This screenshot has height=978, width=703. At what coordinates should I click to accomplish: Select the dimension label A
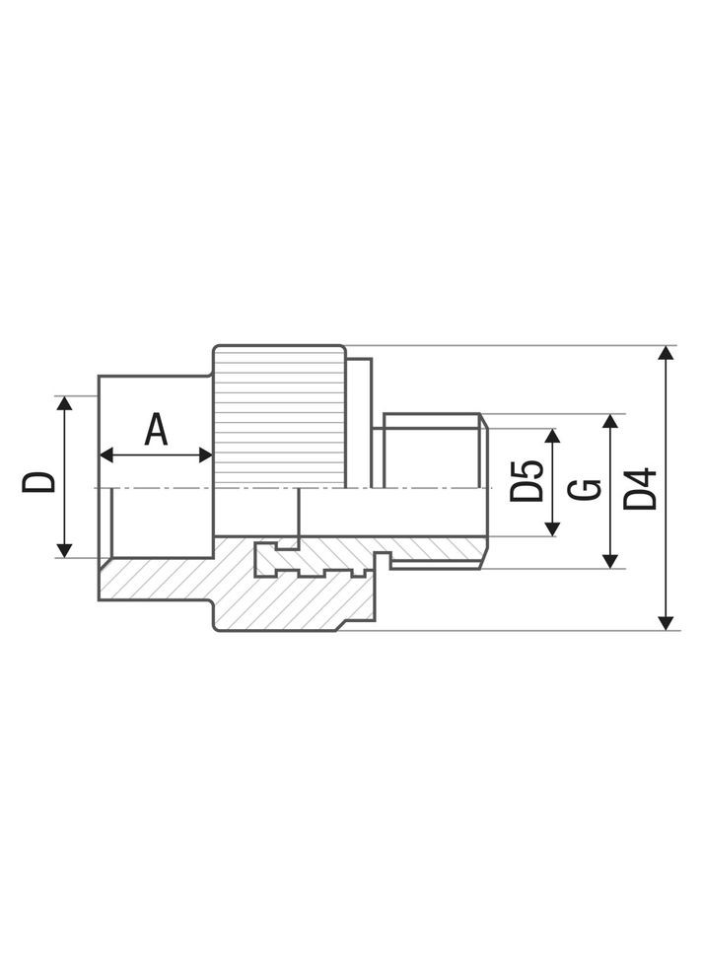pos(156,431)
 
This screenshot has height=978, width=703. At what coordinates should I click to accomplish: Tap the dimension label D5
pos(527,481)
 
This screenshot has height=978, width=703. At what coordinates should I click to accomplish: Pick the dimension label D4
pos(641,489)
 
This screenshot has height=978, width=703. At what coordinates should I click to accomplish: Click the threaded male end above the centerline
pos(431,450)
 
